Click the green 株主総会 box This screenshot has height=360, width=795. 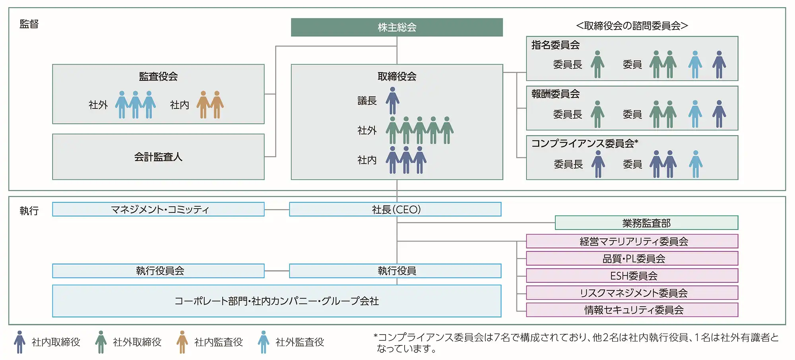click(397, 27)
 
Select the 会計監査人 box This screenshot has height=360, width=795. click(158, 157)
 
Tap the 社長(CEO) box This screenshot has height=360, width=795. click(396, 209)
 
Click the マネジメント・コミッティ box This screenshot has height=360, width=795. click(158, 209)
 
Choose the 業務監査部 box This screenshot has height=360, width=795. click(646, 223)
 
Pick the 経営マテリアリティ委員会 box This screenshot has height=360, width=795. click(632, 241)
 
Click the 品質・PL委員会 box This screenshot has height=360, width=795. click(632, 259)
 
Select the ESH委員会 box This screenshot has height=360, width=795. click(632, 276)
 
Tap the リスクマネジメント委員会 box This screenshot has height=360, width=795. click(632, 293)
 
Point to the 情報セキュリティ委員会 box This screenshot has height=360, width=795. click(632, 310)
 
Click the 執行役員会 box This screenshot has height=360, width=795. click(158, 271)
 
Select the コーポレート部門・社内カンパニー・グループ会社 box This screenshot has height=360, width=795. click(277, 301)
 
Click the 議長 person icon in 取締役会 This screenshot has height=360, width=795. click(392, 101)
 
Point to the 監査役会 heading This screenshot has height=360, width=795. click(158, 76)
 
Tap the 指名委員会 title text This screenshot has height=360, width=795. click(555, 45)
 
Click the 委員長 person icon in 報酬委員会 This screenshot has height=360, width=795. click(597, 114)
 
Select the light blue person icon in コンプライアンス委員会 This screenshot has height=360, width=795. click(695, 164)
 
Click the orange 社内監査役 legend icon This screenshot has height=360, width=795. click(182, 342)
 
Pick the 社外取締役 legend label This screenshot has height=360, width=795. click(137, 342)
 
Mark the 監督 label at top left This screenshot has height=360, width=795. click(29, 24)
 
